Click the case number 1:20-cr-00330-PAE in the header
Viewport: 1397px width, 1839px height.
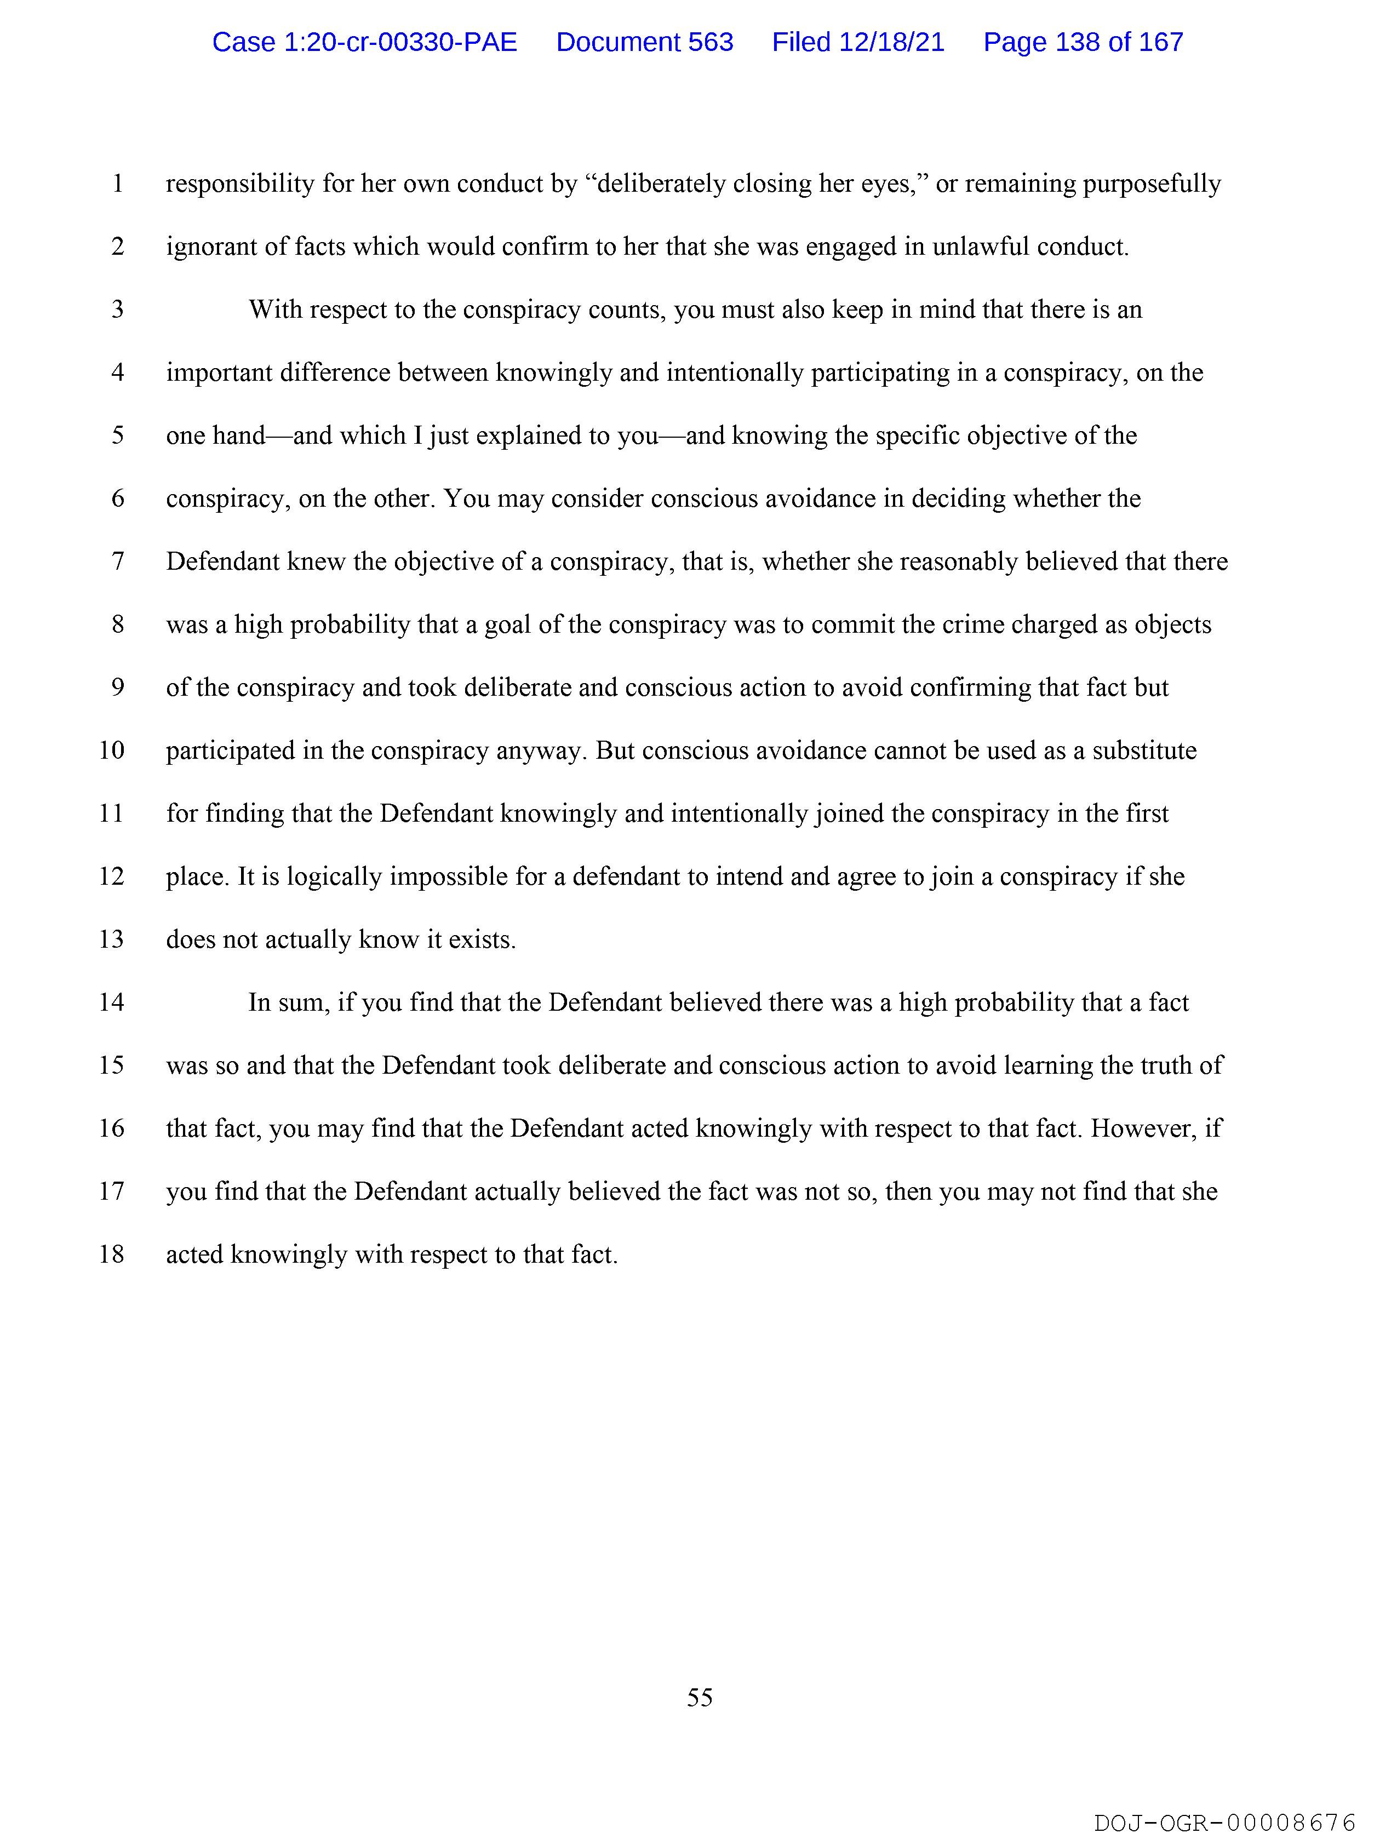[364, 42]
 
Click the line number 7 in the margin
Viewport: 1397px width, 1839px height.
[118, 561]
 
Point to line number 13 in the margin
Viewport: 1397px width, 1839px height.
[111, 939]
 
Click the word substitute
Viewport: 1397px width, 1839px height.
[1144, 751]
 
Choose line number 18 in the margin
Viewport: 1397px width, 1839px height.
[111, 1254]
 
